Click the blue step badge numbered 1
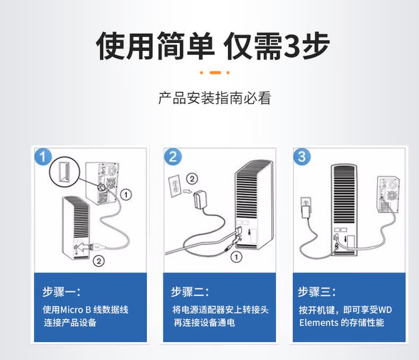tap(43, 157)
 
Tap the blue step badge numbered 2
tap(173, 157)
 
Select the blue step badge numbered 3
tap(302, 157)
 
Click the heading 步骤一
tap(61, 292)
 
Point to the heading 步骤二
tap(190, 292)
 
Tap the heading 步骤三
tap(317, 292)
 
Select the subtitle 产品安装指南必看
tap(215, 98)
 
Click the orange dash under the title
tap(215, 73)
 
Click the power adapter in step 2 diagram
tap(199, 200)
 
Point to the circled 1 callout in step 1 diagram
tap(126, 194)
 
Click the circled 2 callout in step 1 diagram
tap(99, 261)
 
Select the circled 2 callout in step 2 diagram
tap(192, 178)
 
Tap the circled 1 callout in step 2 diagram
tap(236, 257)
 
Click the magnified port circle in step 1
tap(64, 172)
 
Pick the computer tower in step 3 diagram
tap(388, 194)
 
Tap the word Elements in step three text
tap(319, 322)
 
